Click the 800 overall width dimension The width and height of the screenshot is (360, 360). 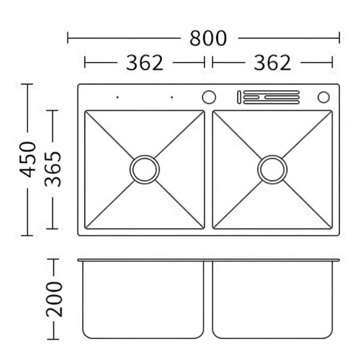208,38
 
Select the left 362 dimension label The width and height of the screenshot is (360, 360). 145,62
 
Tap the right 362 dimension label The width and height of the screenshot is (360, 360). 272,62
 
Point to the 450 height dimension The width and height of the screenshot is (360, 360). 28,160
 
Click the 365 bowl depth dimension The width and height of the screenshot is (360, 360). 53,169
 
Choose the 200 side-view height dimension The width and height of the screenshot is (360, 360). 54,299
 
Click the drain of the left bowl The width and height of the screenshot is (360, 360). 145,169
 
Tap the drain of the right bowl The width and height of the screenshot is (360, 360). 272,169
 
